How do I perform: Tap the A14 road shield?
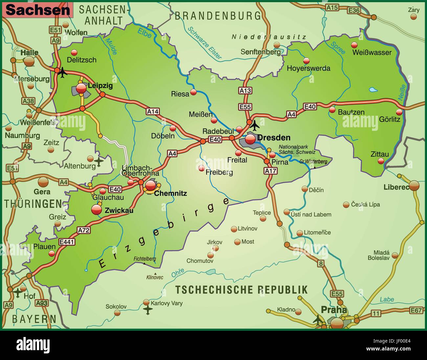point(152,112)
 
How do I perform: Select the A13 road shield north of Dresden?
point(245,90)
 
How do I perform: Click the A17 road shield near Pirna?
point(271,171)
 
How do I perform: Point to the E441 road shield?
point(67,242)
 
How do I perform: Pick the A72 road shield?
point(84,230)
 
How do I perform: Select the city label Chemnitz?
point(170,193)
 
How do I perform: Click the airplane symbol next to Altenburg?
point(99,161)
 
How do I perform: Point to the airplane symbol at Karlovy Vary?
point(148,309)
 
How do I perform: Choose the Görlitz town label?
point(390,119)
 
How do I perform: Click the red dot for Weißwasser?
point(354,45)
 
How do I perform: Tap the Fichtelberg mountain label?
point(145,259)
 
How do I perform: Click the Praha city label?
point(334,310)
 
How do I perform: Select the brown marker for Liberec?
point(414,185)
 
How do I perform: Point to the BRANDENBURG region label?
point(218,16)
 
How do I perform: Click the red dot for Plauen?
point(52,253)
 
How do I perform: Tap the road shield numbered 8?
point(321,263)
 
